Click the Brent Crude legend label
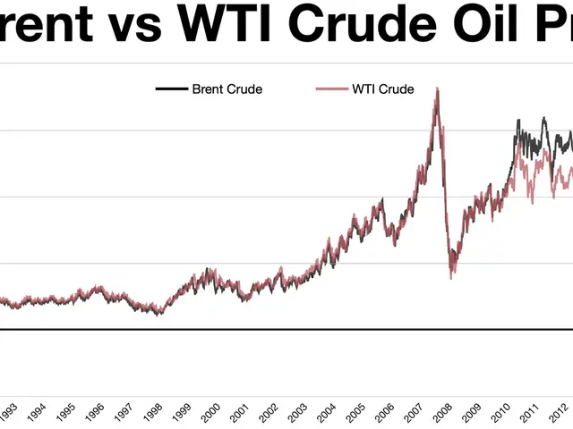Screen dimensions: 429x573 pyautogui.click(x=227, y=88)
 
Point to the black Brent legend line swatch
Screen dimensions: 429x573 pyautogui.click(x=170, y=88)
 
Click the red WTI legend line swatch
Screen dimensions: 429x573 pyautogui.click(x=331, y=88)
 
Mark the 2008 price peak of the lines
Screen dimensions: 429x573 pyautogui.click(x=437, y=88)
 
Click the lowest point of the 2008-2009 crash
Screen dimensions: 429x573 pyautogui.click(x=451, y=277)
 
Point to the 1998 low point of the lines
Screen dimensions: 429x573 pyautogui.click(x=158, y=314)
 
